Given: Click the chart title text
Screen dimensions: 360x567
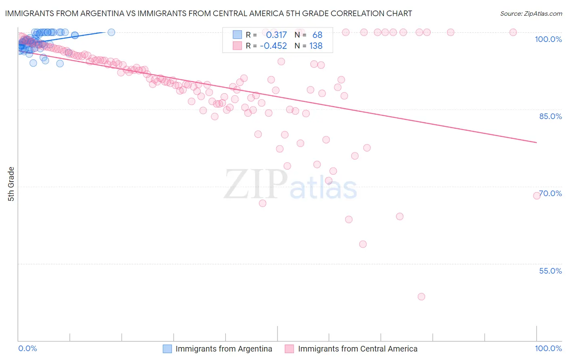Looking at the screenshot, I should tap(208, 13).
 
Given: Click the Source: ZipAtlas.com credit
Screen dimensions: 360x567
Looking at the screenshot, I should tap(531, 13).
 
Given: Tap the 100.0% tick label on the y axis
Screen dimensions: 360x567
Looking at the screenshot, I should tap(548, 39).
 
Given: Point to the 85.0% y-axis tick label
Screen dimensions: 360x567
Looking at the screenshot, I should tap(550, 116).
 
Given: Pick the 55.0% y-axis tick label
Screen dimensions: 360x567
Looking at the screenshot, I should tap(550, 271).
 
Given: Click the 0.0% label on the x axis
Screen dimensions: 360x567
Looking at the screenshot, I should tap(27, 348).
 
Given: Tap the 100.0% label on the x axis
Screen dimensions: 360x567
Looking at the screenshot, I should tap(548, 348).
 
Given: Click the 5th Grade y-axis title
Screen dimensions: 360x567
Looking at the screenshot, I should tap(11, 184).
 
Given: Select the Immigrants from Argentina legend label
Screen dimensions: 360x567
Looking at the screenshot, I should tap(224, 349).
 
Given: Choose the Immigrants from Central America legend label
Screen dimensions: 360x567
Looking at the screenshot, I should tap(357, 349).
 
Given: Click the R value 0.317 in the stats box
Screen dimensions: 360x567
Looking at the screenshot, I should tap(276, 35).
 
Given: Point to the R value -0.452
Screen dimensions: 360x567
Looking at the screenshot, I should tap(273, 46).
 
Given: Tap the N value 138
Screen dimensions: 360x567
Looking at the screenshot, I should tap(316, 46).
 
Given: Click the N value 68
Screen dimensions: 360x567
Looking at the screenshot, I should tap(317, 35).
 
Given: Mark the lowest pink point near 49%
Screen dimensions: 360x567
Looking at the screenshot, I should tap(421, 297).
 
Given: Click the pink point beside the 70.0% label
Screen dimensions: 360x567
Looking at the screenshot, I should tap(537, 196).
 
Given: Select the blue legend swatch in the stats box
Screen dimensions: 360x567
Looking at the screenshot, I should tap(237, 35).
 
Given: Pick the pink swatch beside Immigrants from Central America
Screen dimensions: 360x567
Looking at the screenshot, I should tap(289, 349).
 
